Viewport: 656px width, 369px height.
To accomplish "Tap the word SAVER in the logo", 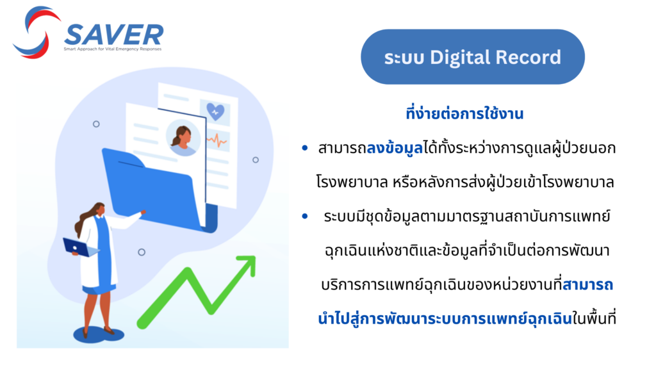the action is coord(114,35).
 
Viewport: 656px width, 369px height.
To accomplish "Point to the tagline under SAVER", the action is coord(113,49).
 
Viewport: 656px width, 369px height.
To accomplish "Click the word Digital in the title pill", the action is coord(460,58).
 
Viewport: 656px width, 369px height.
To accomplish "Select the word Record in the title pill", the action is coord(528,57).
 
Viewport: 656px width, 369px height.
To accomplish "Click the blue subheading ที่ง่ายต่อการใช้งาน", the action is coord(464,113).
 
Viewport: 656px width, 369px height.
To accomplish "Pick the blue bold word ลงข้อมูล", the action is coord(395,148).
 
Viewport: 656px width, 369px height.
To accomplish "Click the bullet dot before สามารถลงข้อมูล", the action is coord(304,148).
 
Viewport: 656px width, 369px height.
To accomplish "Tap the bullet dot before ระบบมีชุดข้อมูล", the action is coord(304,217).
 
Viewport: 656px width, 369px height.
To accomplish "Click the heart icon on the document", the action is coord(215,111).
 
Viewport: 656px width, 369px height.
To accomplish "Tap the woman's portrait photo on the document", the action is coord(183,138).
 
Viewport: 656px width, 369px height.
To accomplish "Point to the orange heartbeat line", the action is coord(217,140).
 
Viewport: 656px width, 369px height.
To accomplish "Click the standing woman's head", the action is coord(99,209).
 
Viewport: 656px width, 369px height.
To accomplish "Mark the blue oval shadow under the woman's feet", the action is coord(99,334).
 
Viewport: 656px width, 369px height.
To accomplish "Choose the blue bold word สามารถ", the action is coord(588,285).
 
